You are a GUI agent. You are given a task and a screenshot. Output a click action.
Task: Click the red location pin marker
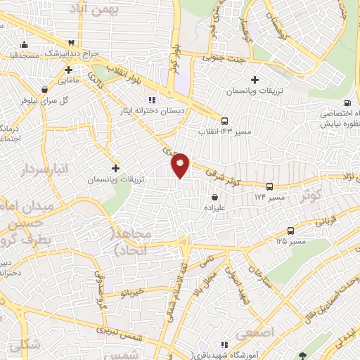[x=181, y=165]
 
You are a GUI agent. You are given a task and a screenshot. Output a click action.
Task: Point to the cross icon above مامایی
[x=68, y=70]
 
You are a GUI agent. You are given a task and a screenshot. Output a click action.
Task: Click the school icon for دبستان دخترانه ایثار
[x=151, y=100]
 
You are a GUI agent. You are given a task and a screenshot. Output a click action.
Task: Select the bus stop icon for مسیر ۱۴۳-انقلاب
[x=224, y=120]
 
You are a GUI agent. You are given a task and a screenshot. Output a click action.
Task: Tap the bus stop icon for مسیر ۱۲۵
[x=290, y=231]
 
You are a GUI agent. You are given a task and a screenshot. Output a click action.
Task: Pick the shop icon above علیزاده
[x=214, y=198]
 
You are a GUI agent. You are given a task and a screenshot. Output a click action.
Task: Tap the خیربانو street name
[x=132, y=290]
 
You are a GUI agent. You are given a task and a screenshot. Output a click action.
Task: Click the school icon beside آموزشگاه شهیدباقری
[x=224, y=345]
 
